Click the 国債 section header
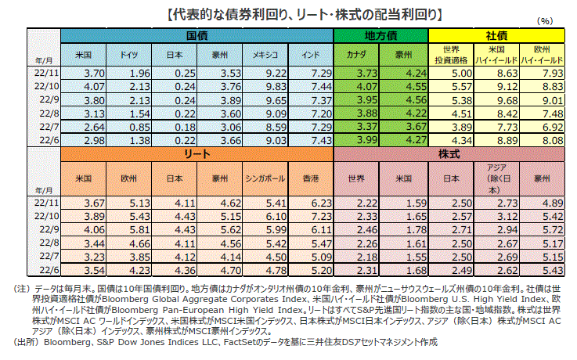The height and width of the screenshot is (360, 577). [x=197, y=36]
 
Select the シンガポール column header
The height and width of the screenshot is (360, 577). [x=265, y=178]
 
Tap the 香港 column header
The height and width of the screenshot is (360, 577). [x=312, y=178]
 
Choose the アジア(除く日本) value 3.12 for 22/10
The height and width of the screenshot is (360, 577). [x=502, y=214]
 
